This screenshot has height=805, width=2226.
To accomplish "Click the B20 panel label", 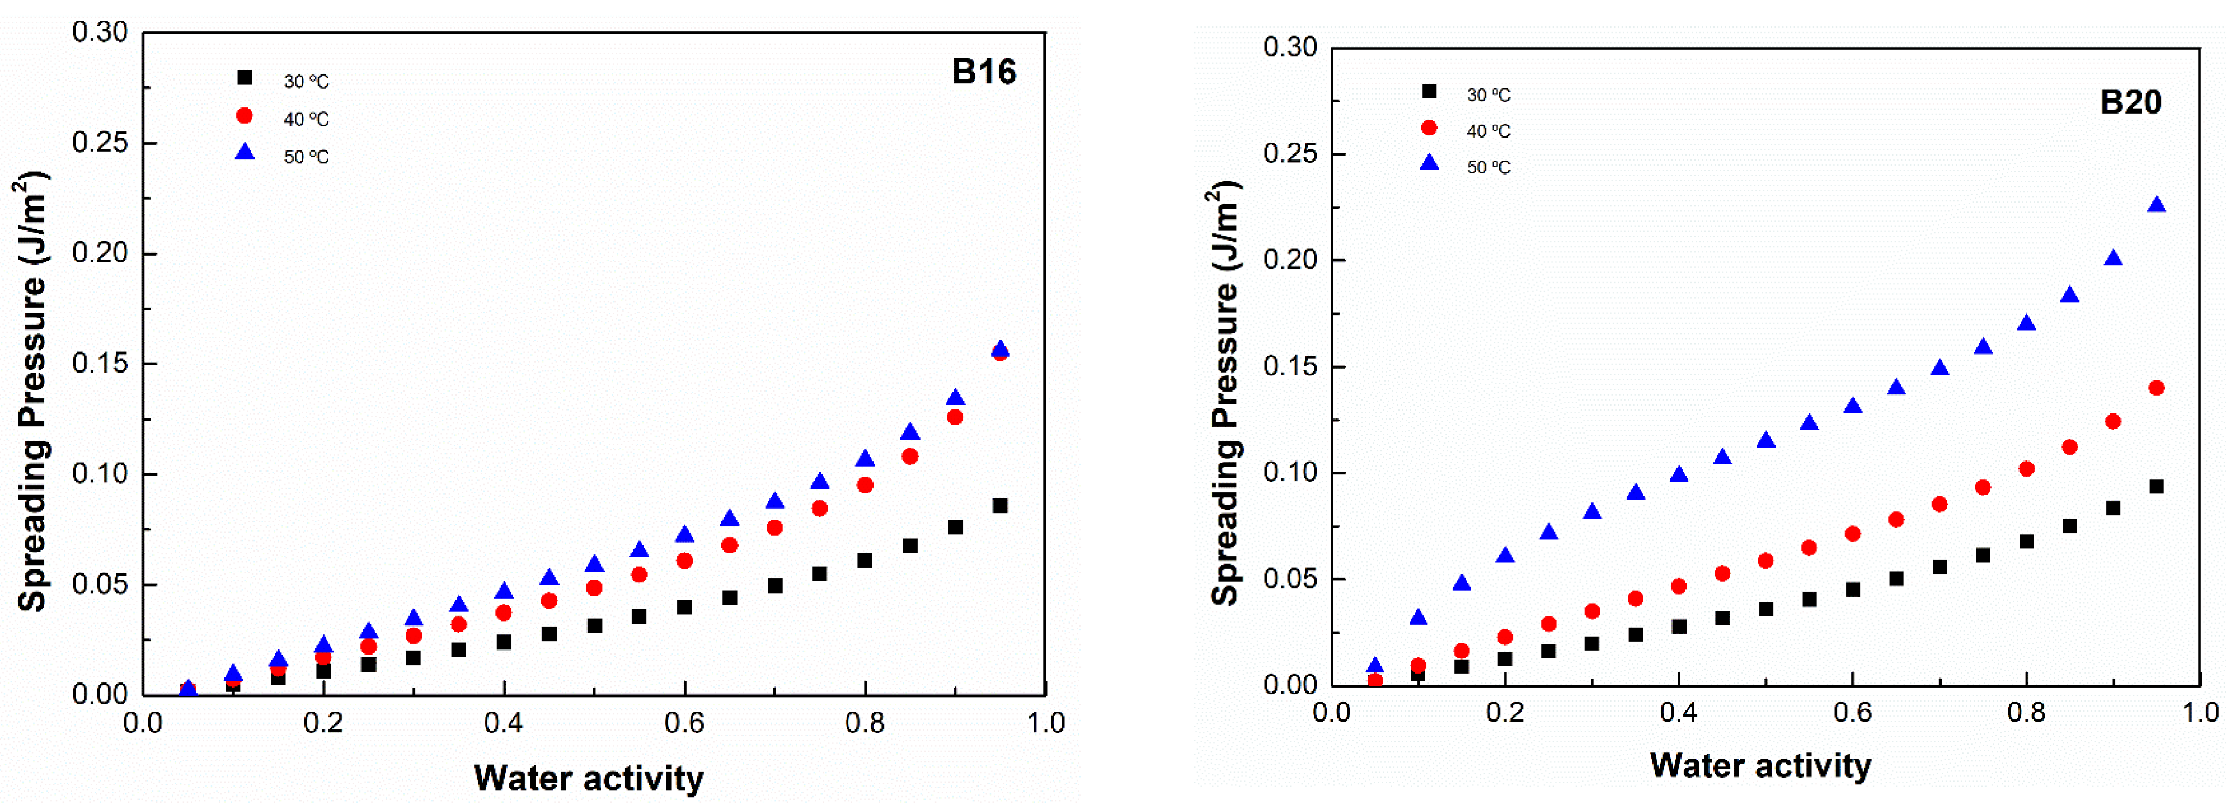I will coord(2130,102).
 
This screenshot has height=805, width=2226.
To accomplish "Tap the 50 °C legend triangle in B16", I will coord(246,153).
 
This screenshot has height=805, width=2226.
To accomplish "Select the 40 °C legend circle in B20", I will coord(1429,128).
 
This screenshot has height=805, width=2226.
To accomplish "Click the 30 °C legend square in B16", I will coord(245,78).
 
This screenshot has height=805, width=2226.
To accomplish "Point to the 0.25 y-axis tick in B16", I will coord(100,143).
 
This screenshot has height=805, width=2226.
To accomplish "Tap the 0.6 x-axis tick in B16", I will coord(684,723).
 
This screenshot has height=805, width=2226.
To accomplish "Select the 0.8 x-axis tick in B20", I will coord(2026,713).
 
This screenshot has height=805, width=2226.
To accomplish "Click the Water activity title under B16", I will coord(589,778).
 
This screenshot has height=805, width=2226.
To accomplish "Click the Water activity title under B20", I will coord(1760,765).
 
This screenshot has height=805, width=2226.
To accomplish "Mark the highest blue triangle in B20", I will coord(2156,205).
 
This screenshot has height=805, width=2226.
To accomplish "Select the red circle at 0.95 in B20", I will coord(2156,388).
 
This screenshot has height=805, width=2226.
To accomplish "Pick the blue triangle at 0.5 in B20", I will coord(1766,440).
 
